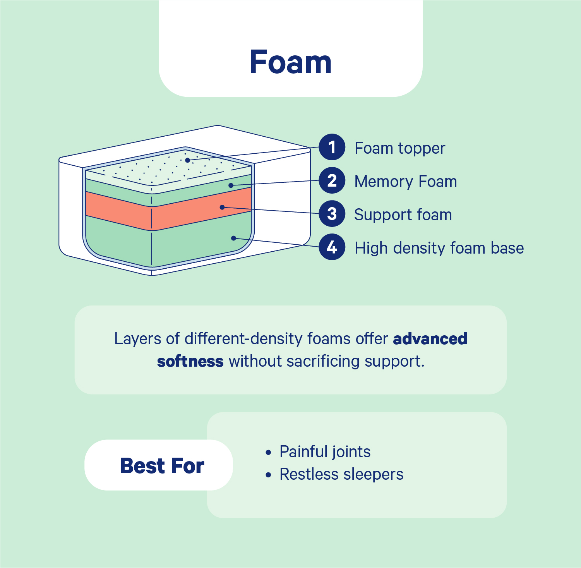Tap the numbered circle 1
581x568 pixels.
332,147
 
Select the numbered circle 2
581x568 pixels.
332,180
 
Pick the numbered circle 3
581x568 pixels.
332,214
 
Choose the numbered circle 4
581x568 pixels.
332,247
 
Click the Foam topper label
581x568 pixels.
400,148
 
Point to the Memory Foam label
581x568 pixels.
405,182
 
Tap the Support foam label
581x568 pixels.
403,215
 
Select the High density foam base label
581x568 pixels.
439,248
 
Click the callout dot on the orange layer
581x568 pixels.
222,207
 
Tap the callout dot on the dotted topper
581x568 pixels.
187,160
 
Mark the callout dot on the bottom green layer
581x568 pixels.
233,238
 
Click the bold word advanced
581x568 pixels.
430,339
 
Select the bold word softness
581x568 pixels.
190,361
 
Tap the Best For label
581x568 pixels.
162,465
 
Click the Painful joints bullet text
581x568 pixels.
325,452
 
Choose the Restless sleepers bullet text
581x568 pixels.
341,474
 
